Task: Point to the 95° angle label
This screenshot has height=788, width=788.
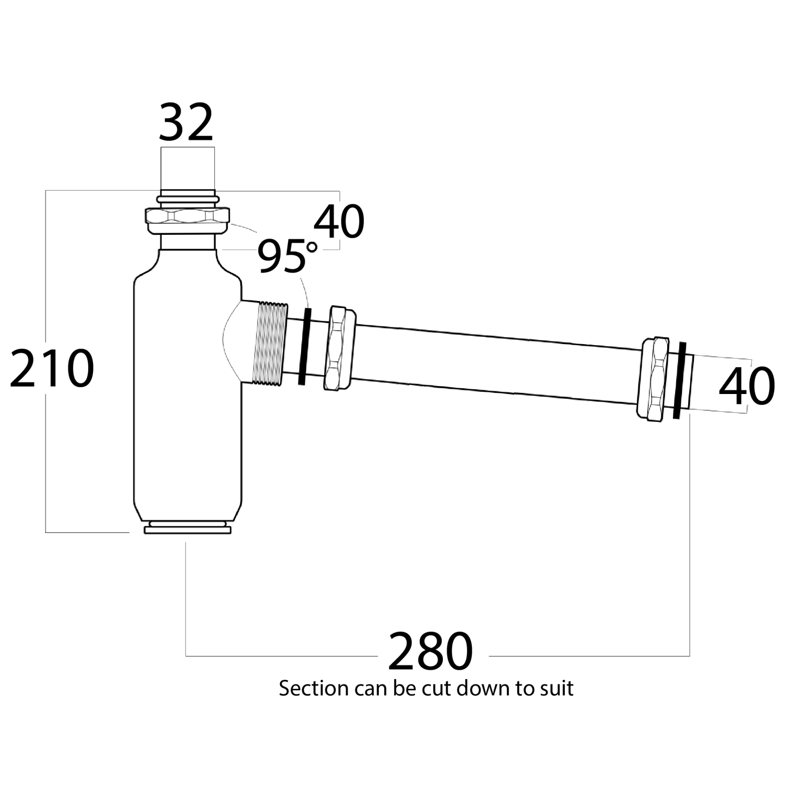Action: click(287, 256)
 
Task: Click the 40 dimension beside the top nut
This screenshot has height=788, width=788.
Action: click(339, 222)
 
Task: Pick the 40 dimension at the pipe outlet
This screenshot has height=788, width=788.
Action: click(746, 386)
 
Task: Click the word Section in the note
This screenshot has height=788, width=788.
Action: click(314, 688)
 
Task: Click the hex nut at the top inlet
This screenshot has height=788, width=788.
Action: click(187, 221)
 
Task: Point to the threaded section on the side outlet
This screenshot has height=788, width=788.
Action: click(269, 344)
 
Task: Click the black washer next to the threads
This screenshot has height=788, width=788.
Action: click(304, 347)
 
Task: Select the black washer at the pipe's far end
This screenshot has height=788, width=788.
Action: click(679, 380)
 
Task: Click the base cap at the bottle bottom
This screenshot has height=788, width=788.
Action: click(188, 527)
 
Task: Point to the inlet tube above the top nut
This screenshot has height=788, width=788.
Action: click(188, 168)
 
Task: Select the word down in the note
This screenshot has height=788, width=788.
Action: click(484, 688)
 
